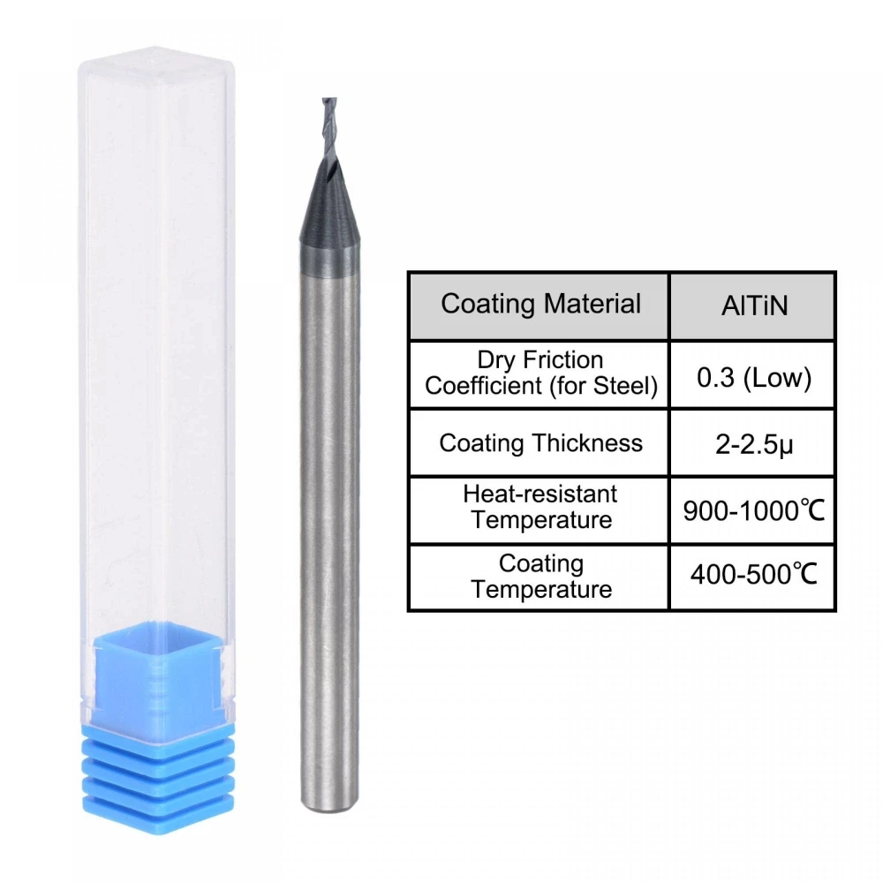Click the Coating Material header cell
tap(540, 305)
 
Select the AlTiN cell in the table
tap(752, 306)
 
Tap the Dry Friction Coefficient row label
tap(540, 374)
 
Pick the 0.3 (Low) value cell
tap(752, 378)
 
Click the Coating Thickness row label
tap(540, 442)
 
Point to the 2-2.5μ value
tap(752, 443)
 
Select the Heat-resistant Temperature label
tap(540, 506)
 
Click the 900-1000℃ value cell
tap(753, 509)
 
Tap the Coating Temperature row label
tap(540, 576)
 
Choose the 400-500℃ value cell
tap(752, 577)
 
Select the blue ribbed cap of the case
tap(158, 777)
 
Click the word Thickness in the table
tap(593, 442)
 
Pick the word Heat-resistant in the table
tap(540, 494)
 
